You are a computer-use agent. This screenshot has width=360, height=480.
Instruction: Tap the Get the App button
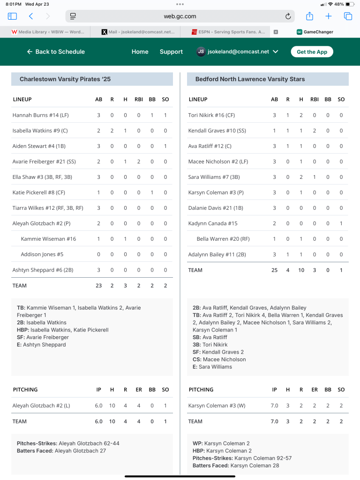tap(312, 52)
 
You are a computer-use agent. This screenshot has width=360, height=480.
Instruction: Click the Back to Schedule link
tap(56, 52)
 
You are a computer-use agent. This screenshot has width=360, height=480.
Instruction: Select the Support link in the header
tap(171, 52)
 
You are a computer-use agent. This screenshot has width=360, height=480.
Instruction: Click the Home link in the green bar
tap(140, 52)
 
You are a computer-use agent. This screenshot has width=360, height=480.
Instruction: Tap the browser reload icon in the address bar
tap(288, 16)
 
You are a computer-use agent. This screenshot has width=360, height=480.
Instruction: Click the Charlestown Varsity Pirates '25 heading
tap(65, 79)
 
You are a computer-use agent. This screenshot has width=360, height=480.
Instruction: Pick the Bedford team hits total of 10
tap(301, 270)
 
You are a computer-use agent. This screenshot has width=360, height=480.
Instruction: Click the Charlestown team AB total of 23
tap(98, 286)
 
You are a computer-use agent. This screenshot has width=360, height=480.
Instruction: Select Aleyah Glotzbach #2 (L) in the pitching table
tap(41, 406)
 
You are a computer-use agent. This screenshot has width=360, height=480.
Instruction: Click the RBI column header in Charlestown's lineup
tap(138, 99)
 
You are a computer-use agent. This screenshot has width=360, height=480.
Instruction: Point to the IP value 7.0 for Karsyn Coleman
tap(275, 406)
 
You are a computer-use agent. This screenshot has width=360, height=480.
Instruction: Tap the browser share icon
tap(309, 16)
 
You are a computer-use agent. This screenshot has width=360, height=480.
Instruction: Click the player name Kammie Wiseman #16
tap(48, 239)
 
